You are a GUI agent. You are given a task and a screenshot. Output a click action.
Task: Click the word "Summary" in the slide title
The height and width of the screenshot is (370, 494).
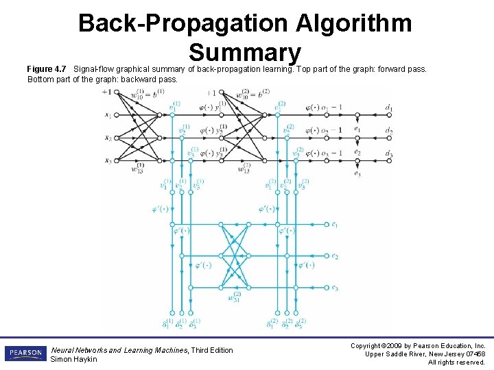coord(245,53)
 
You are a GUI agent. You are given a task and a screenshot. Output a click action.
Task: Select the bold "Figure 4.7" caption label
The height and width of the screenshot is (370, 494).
coord(47,69)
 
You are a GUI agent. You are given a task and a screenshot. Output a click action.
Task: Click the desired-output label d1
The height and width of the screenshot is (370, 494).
coord(388,108)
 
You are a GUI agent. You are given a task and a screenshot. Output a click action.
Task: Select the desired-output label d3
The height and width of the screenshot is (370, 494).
coord(388,153)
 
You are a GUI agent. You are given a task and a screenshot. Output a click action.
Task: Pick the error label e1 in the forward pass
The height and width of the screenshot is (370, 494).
coord(357,128)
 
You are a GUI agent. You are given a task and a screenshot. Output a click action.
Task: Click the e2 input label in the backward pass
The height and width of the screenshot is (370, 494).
coord(334,256)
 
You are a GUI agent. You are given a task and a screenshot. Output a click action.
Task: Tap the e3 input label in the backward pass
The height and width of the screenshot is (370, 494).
coord(334,288)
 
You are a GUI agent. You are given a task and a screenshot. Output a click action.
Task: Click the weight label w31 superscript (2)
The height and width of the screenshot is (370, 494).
coord(235,298)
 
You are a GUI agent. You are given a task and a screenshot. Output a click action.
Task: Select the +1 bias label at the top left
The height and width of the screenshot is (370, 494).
coord(106,92)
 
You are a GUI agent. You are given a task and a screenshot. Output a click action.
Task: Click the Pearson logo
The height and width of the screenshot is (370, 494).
coord(25,353)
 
